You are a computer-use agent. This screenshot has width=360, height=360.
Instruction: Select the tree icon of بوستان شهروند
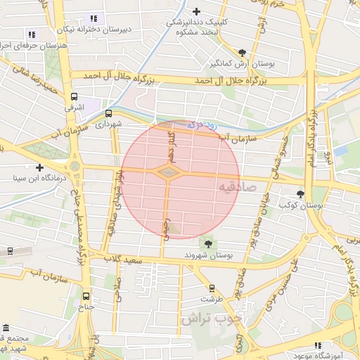tap(207, 243)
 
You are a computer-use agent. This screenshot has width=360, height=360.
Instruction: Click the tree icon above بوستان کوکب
tap(301, 194)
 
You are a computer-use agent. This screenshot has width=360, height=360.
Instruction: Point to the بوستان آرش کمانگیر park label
tap(242, 63)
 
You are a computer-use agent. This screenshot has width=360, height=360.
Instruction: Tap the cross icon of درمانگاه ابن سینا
tap(40, 168)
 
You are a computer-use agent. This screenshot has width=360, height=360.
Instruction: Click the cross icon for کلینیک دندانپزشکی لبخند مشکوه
tap(196, 11)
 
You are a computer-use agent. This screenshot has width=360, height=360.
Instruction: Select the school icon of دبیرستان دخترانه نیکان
tap(94, 18)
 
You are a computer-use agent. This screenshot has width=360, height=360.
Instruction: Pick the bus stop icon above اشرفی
tap(75, 97)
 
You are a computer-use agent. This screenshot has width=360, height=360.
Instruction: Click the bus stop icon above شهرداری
tap(109, 112)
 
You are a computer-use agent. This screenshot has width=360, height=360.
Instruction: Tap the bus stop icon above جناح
tap(86, 297)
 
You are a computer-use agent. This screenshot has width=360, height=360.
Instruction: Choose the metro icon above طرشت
tap(212, 288)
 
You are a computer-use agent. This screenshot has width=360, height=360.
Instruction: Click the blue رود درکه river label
tap(204, 125)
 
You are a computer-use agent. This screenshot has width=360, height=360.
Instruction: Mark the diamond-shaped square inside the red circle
tap(168, 172)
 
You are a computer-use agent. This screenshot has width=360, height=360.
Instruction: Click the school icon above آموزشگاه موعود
tap(318, 345)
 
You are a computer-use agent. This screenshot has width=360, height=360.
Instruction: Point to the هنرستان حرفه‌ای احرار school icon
tap(30, 34)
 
